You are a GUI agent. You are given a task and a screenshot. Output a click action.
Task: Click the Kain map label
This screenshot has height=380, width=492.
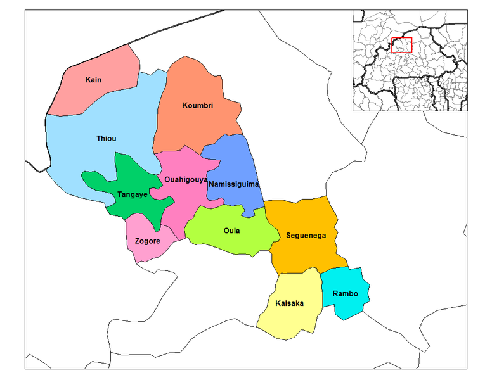[93, 80]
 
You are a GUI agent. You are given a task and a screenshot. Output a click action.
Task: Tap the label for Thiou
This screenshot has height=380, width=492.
[106, 139]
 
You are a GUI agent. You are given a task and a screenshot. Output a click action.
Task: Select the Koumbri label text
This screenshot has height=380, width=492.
[197, 104]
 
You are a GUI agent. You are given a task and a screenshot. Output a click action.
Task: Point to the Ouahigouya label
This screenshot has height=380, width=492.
[186, 179]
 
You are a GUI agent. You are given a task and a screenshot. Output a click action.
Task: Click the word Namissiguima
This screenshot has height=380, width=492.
[234, 184]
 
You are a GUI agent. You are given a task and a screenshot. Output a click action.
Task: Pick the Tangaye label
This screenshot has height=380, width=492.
[133, 194]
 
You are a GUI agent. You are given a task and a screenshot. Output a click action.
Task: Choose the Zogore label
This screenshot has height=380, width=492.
[148, 241]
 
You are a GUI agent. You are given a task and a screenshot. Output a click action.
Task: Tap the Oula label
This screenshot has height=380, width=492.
[232, 231]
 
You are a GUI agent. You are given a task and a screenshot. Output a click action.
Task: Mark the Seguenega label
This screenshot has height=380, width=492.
[306, 235]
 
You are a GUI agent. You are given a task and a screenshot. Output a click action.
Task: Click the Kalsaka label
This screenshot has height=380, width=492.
[289, 303]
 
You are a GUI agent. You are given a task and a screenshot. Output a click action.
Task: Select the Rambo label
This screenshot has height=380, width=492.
[345, 294]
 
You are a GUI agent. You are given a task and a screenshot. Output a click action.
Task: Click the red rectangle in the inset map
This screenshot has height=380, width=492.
[402, 45]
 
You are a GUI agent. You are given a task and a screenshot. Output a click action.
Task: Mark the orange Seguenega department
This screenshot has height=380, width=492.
[304, 253]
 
